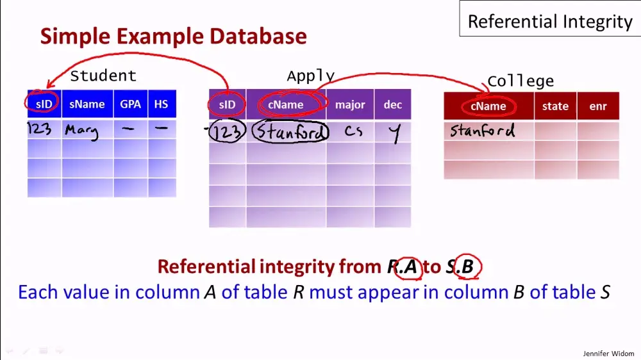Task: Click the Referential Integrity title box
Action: point(549,22)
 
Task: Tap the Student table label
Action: point(103,76)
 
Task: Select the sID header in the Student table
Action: point(44,104)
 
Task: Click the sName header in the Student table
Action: point(87,104)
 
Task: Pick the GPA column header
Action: point(131,104)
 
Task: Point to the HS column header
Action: point(161,104)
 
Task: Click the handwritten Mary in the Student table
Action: point(81,131)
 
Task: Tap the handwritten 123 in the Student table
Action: point(39,129)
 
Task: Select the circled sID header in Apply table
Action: point(227,104)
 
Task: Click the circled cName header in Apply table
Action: point(286,104)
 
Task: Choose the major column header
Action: point(350,104)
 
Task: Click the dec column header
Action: point(392,104)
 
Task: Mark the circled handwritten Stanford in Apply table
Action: point(290,132)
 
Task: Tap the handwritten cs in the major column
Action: point(353,131)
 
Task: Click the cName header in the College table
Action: point(488,106)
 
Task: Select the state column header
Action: point(555,106)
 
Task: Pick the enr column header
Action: point(597,106)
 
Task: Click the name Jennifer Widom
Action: point(609,353)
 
